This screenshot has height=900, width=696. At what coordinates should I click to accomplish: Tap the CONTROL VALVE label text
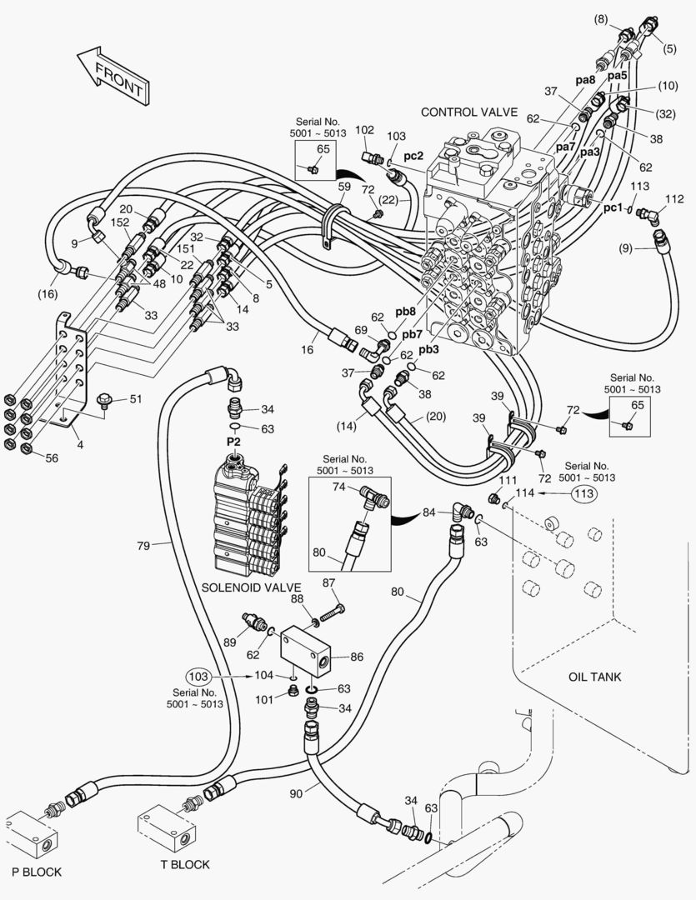[x=469, y=112]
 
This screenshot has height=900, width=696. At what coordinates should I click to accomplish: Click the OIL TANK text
[x=595, y=677]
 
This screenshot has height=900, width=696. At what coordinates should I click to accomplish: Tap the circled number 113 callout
[x=584, y=493]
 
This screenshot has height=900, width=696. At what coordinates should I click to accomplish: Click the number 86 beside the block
[x=357, y=657]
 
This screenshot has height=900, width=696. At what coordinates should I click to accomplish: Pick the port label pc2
[x=414, y=156]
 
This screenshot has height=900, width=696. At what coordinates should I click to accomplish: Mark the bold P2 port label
[x=234, y=441]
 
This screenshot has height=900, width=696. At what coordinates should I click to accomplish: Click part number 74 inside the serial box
[x=339, y=487]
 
